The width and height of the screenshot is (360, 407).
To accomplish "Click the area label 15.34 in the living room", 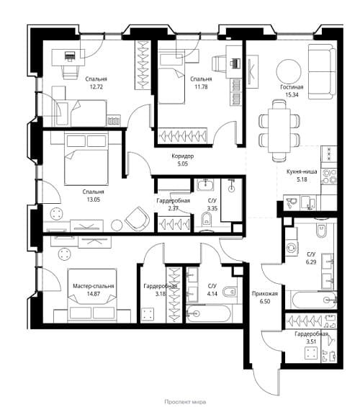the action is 292,95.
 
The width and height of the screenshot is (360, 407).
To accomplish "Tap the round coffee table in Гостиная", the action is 289,71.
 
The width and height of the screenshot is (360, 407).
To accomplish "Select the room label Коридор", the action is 183,156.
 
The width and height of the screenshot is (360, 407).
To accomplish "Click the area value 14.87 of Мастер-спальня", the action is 94,294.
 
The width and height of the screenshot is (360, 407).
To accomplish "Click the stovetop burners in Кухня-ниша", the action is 329,176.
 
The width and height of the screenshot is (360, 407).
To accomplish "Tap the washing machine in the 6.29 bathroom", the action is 292,247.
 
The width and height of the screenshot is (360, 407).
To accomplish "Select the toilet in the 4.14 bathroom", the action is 230,292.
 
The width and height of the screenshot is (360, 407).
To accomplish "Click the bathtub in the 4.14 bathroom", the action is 209,313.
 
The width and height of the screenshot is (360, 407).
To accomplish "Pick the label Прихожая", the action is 265,294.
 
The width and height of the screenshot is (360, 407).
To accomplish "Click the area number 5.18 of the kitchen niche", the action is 302,179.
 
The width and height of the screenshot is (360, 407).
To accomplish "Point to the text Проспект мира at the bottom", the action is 185,402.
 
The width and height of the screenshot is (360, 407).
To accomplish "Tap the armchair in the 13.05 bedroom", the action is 138,219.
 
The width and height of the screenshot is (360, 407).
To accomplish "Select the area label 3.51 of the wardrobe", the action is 311,341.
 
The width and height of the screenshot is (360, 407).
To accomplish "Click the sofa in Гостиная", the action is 322,71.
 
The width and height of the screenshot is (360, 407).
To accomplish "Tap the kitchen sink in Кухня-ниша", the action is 308,202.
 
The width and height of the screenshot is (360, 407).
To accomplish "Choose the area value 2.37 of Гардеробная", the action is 173,208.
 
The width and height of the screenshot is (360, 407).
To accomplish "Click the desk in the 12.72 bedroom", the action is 68,58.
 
